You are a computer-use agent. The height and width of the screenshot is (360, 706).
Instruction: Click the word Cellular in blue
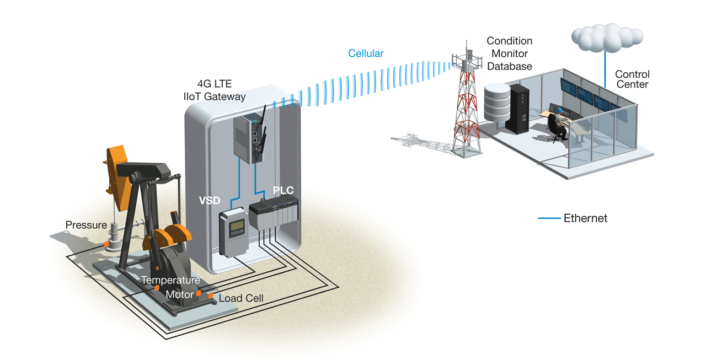click(x=366, y=53)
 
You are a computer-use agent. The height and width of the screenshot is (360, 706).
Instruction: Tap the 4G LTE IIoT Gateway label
click(x=215, y=90)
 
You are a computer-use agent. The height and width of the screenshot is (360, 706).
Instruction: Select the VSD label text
click(x=210, y=201)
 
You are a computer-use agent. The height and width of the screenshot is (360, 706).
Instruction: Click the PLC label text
click(x=283, y=191)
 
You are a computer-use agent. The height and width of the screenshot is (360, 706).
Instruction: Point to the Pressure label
click(x=86, y=225)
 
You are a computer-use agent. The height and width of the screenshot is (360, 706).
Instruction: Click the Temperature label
click(x=170, y=280)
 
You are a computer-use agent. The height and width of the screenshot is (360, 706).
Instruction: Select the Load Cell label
click(x=241, y=298)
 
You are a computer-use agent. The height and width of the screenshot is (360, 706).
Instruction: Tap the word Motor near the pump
click(x=180, y=294)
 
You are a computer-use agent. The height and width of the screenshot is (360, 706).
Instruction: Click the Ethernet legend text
click(x=585, y=218)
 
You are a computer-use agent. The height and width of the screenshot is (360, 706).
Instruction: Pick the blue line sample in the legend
click(x=549, y=219)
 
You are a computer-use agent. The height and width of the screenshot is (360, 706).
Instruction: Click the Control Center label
click(x=632, y=79)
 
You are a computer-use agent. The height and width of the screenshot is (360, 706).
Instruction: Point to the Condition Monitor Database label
click(x=509, y=53)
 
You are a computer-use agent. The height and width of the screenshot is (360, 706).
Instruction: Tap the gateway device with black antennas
click(x=249, y=138)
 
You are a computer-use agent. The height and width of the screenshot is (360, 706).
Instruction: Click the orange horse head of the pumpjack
click(x=116, y=174)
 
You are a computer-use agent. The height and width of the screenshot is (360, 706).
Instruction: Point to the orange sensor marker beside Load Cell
click(x=211, y=296)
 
